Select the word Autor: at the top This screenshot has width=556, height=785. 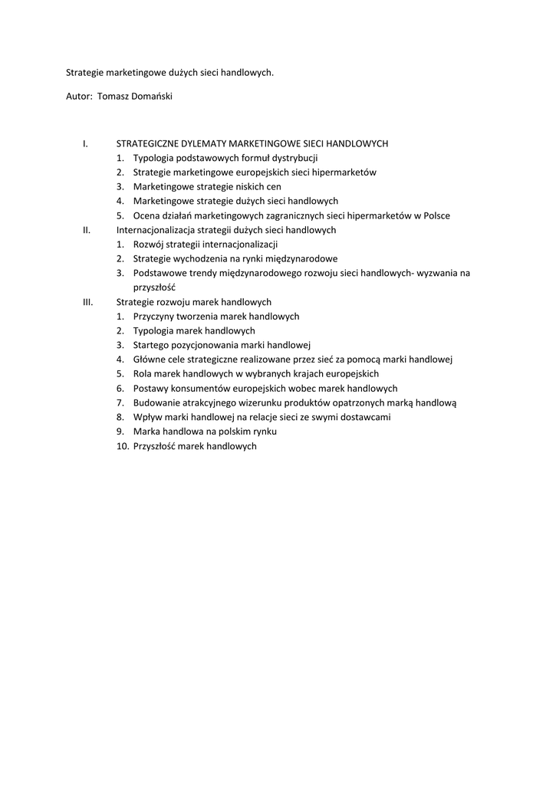click(x=80, y=97)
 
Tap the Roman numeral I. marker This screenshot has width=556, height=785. click(x=85, y=143)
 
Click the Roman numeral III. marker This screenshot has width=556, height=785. click(x=87, y=302)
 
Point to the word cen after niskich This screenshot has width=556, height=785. click(x=274, y=186)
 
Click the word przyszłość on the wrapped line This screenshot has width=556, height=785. click(x=154, y=287)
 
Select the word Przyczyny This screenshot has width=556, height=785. click(x=153, y=317)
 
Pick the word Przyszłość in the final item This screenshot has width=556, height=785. click(x=155, y=446)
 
